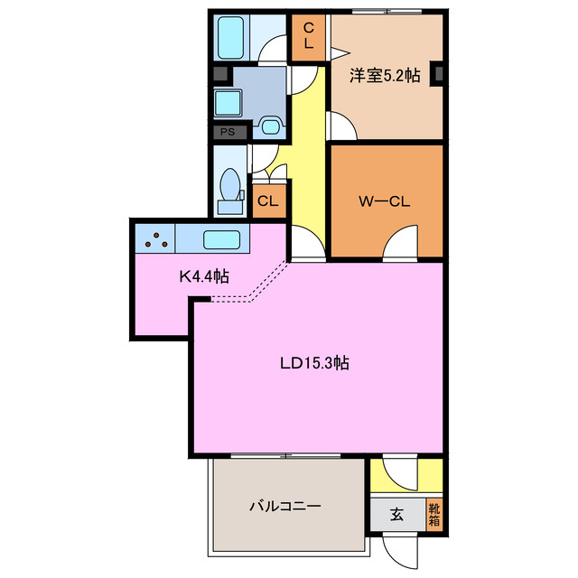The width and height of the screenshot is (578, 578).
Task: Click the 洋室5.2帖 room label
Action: [x=386, y=77]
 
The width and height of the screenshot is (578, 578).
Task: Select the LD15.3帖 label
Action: [x=313, y=364]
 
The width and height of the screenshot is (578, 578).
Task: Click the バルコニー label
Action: [x=284, y=507]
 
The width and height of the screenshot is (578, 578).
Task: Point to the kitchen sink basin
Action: [x=221, y=240]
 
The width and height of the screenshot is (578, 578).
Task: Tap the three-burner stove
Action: [x=157, y=240]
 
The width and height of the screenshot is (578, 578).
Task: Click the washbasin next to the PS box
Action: [x=268, y=126]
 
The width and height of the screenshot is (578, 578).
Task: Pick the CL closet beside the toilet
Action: [x=268, y=200]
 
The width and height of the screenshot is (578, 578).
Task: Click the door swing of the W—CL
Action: [x=400, y=243]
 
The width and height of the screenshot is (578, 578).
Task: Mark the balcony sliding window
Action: [x=287, y=456]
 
